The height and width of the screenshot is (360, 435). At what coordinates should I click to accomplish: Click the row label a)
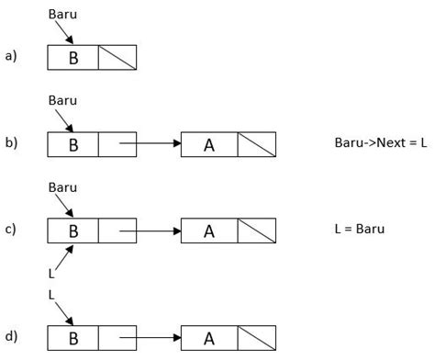coord(11,57)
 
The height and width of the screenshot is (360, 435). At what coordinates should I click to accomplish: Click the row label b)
coord(11,144)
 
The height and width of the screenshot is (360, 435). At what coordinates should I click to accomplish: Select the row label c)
coord(11,230)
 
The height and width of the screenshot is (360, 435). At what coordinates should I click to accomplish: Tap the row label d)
coord(11,336)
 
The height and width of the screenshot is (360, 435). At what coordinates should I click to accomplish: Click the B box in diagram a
coord(73,58)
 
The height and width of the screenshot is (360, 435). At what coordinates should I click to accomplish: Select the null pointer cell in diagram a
coord(117,58)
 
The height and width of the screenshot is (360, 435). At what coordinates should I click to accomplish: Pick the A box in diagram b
coord(209,144)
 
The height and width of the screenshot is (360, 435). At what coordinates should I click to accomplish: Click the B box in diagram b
coord(73,144)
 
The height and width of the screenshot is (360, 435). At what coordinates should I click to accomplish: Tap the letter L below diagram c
coord(51,273)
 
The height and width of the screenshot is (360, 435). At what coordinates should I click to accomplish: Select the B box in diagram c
coord(73,230)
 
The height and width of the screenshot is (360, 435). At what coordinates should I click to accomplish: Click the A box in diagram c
coord(209,230)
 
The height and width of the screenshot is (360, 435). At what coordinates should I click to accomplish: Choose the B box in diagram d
coord(73,337)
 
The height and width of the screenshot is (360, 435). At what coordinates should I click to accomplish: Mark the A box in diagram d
coord(209,337)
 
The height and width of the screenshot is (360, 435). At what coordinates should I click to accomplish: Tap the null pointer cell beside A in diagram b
coord(255,144)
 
